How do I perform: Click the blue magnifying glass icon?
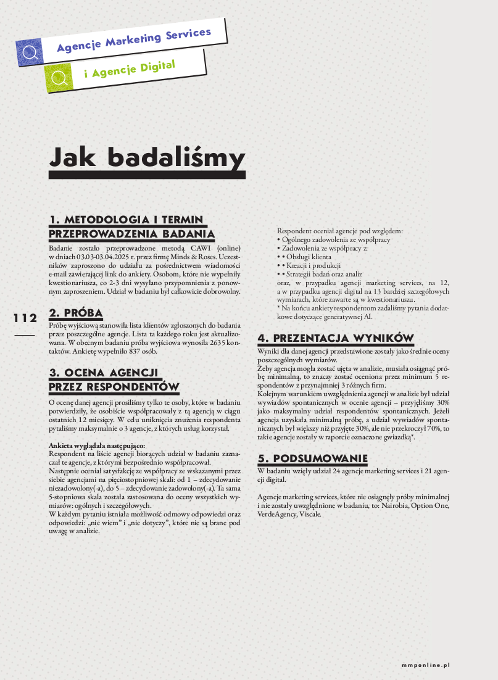pos(30,52)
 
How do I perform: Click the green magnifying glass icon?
pos(59,77)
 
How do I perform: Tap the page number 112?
pos(25,318)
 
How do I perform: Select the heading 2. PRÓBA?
pos(75,313)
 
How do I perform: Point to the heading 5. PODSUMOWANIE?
pos(312,458)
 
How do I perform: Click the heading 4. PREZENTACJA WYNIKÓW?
pos(335,338)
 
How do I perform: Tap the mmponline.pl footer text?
pos(425,665)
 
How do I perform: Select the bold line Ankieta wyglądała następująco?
pos(97,445)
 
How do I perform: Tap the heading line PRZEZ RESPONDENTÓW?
pos(114,387)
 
